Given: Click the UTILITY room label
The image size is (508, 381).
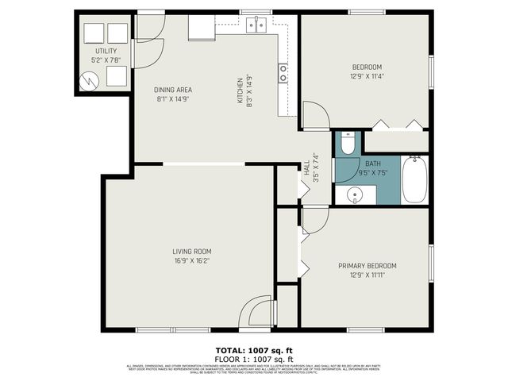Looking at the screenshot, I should (x=106, y=51).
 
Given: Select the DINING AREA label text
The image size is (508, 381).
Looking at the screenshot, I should (x=173, y=90).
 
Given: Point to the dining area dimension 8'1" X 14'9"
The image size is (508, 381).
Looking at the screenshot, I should (x=173, y=100).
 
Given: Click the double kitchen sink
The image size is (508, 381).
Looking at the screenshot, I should (x=256, y=25).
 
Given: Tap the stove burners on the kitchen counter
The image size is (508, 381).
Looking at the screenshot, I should (x=283, y=73).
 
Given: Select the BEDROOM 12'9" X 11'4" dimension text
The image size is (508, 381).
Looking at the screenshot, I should (x=367, y=77).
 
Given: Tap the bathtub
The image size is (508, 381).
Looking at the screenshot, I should (x=416, y=180).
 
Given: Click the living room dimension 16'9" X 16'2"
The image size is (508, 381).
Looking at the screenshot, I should (x=191, y=260).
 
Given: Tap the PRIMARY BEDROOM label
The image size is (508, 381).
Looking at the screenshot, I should (x=367, y=266).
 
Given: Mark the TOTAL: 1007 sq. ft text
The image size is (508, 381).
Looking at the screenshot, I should (x=254, y=350).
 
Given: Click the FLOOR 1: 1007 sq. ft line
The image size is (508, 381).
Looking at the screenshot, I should (x=254, y=358).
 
